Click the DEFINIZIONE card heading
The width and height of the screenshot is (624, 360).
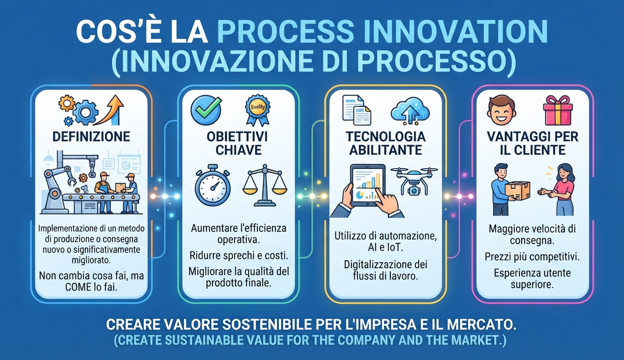91,137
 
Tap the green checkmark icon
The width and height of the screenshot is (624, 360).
206,110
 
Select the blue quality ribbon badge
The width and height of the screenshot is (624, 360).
257,110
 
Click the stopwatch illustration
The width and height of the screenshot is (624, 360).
213,185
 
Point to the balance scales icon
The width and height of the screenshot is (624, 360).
265,185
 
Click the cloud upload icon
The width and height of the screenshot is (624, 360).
410,111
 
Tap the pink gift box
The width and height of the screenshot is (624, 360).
558,110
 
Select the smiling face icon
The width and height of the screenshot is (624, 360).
501,110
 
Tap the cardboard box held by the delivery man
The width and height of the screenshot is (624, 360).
518,191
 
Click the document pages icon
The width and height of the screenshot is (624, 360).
357,110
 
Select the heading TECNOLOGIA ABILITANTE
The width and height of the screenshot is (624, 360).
385,143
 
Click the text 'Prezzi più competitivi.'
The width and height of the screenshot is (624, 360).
532,257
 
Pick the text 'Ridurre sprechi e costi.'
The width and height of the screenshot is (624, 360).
239,255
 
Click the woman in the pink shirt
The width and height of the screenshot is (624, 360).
560,190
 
